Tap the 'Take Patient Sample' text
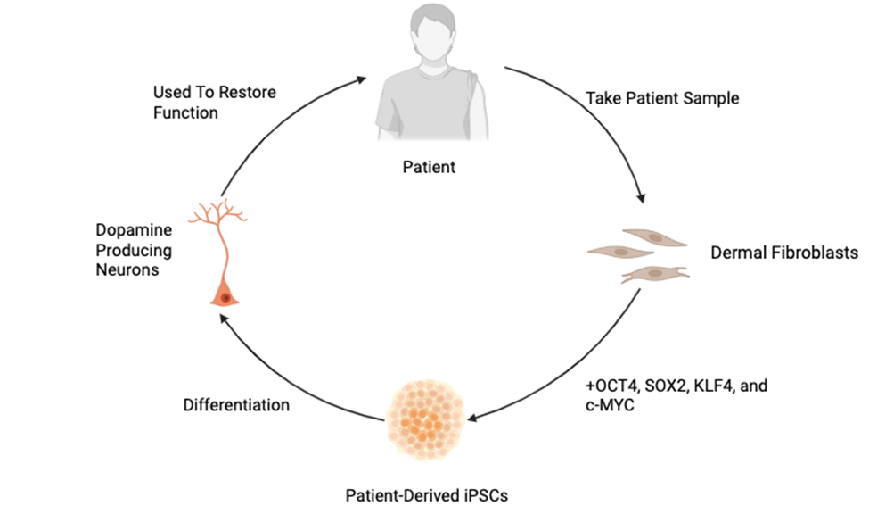point(662,98)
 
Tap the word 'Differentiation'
point(236,404)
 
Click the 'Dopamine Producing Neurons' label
point(133,250)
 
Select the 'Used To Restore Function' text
point(215,102)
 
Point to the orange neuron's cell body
point(225,295)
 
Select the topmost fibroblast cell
point(656,237)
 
